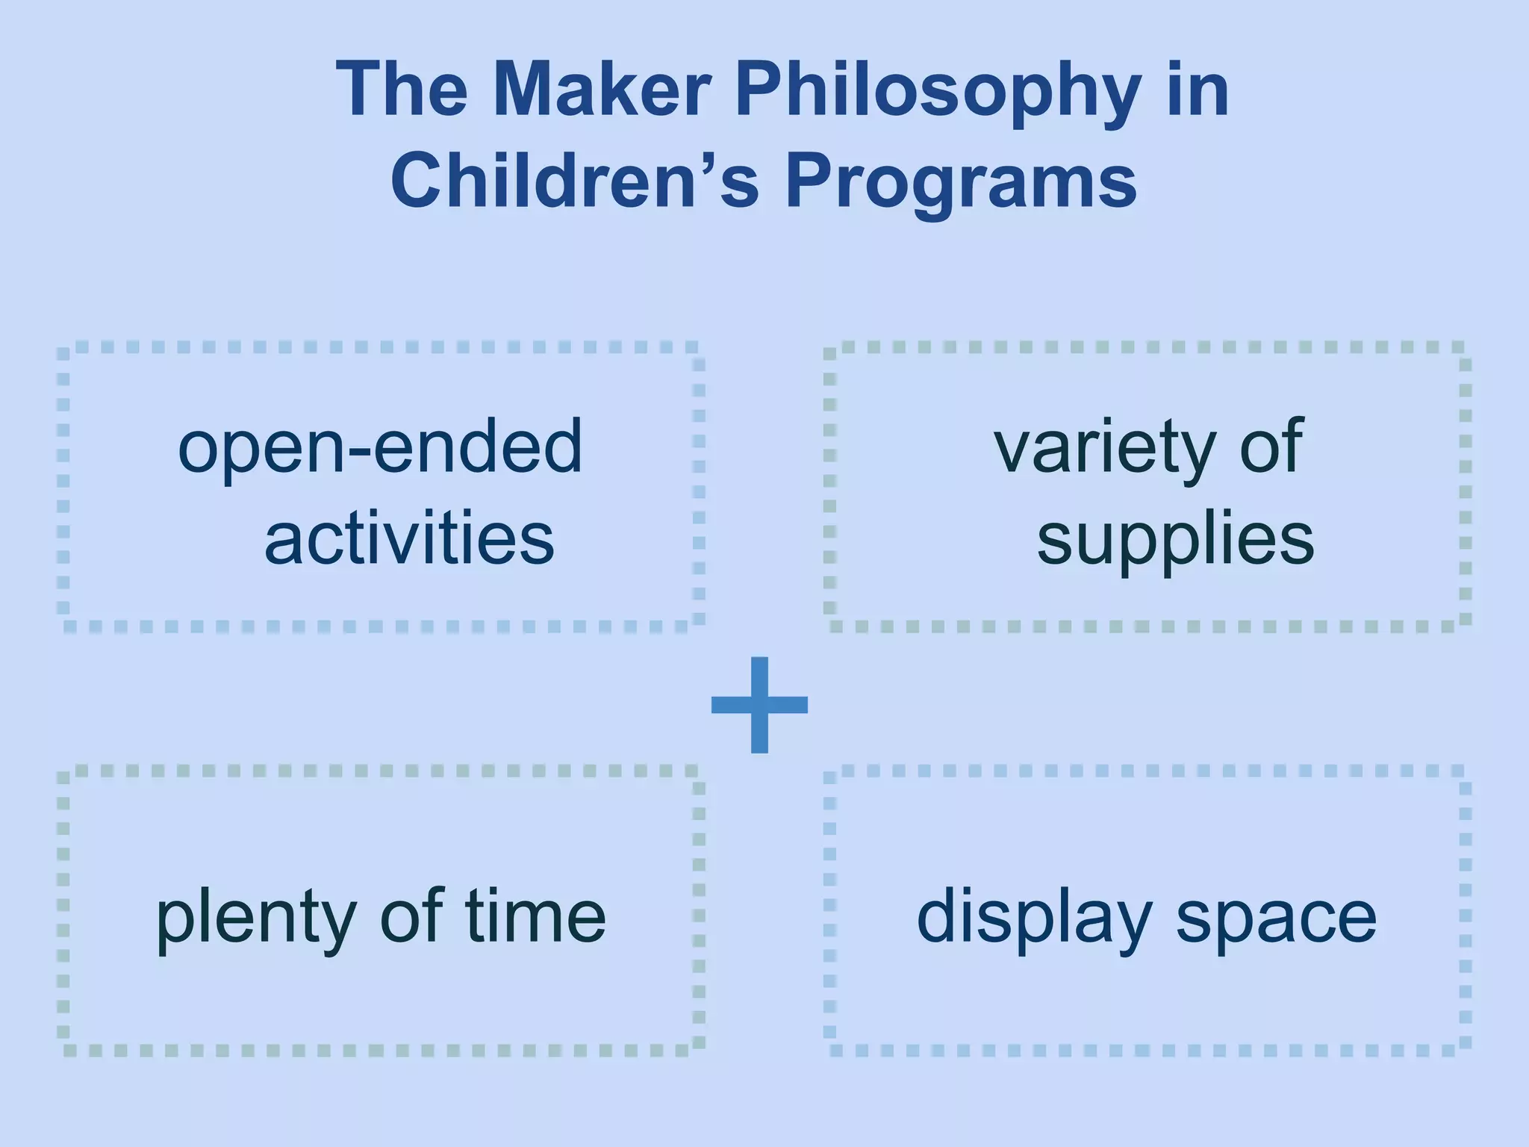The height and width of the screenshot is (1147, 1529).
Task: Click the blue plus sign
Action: [x=759, y=704]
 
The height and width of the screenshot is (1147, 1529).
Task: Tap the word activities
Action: [x=409, y=538]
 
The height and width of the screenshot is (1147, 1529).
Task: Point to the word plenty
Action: [x=255, y=918]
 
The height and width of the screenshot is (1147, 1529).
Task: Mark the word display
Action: [x=1034, y=918]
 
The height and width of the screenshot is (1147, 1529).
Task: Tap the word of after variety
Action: [x=1271, y=446]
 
